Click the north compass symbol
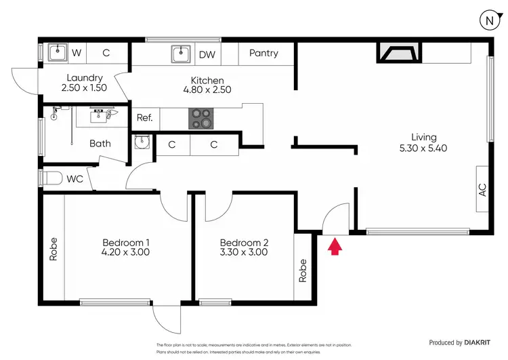488,21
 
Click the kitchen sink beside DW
180,54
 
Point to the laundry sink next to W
55,53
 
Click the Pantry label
263,54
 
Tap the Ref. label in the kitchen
144,118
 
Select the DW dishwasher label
207,54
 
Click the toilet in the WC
52,179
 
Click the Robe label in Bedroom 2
303,271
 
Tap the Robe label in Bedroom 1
54,249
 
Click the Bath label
100,144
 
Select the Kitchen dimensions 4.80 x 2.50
203,89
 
